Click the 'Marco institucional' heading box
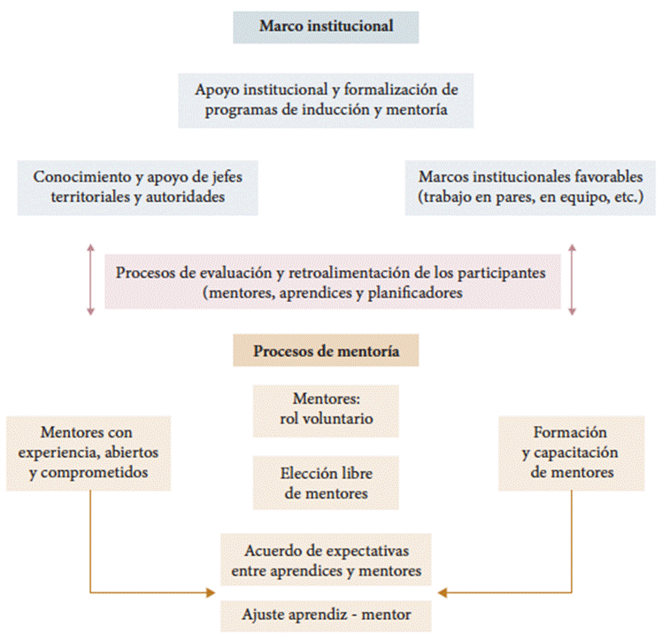coord(326,26)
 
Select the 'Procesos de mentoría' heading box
coord(326,351)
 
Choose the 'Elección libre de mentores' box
coord(326,483)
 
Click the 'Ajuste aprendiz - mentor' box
coord(326,613)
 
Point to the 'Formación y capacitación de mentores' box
coord(571,452)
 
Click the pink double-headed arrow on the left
coord(89,280)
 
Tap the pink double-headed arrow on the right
coord(572,280)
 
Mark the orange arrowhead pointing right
coord(212,592)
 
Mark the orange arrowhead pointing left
coord(443,592)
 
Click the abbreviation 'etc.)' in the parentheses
coord(625,196)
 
